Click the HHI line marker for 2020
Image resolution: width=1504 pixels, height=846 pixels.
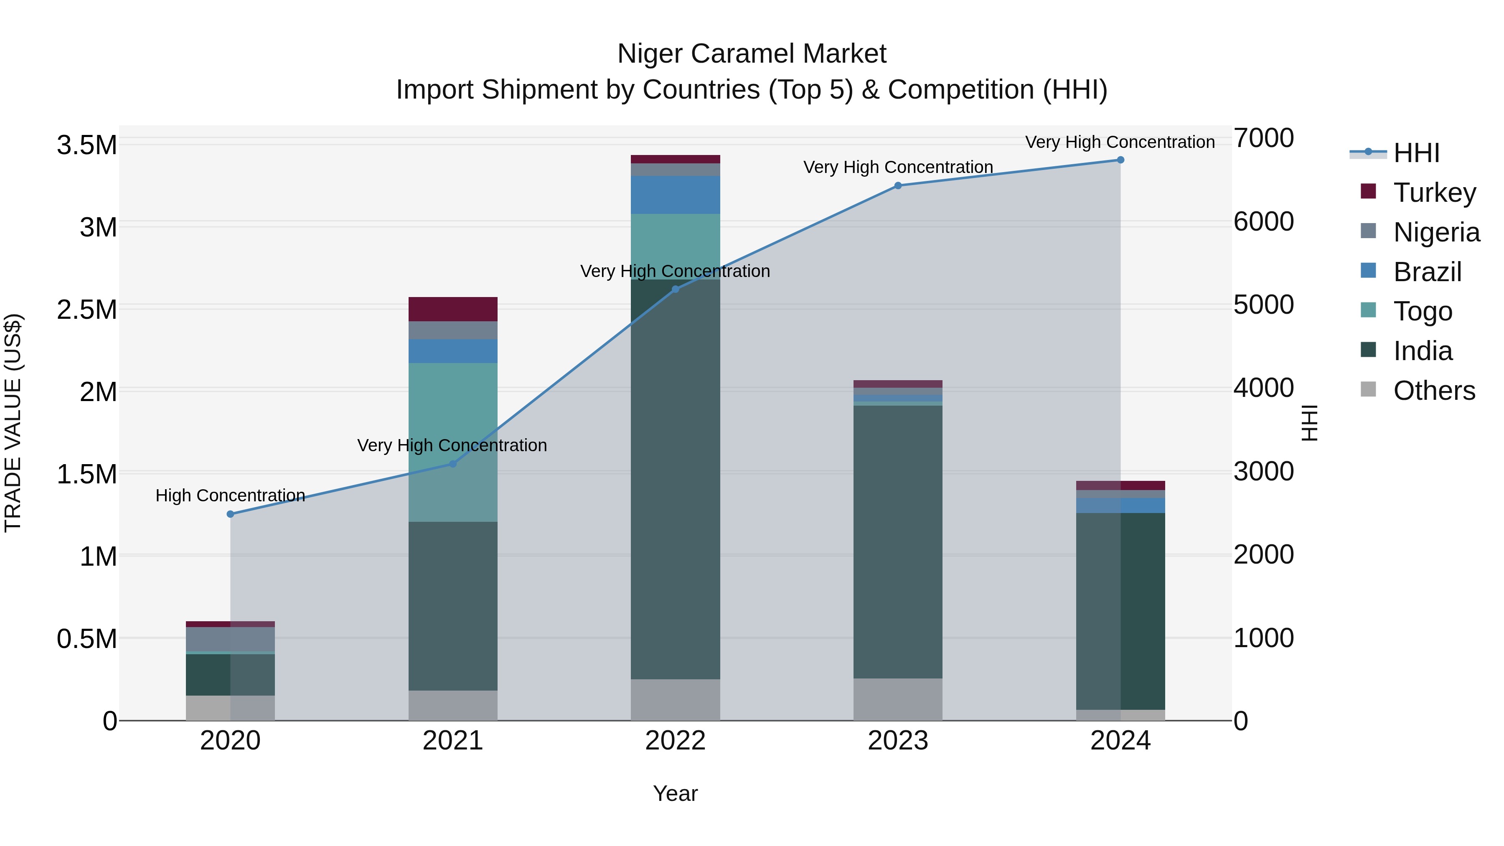(x=230, y=514)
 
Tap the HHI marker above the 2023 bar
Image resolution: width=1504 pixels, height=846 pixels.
(x=898, y=185)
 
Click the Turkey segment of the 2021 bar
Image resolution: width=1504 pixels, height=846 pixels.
(x=452, y=309)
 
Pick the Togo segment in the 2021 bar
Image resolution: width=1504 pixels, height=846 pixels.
(x=452, y=442)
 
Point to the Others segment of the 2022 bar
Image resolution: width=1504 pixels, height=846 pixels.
(x=675, y=699)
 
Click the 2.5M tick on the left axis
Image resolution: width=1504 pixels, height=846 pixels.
(x=86, y=310)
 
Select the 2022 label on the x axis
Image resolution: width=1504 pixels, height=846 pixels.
(x=675, y=741)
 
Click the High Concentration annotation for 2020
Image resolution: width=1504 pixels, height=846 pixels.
(x=230, y=495)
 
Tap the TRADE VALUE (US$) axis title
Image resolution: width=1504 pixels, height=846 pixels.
(x=13, y=423)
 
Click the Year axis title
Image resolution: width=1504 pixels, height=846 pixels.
(x=675, y=793)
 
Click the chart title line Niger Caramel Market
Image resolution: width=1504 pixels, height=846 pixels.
(x=752, y=54)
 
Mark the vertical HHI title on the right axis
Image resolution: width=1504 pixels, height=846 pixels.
(x=1310, y=423)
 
